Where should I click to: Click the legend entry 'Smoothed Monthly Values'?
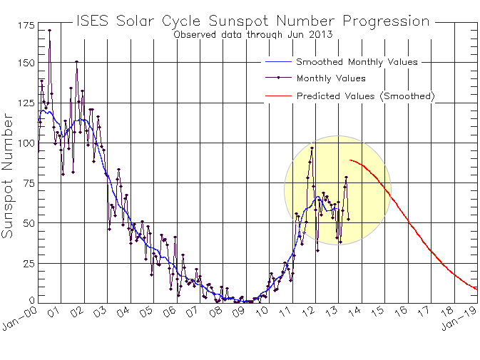[x=357, y=62]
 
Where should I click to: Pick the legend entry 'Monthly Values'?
[x=331, y=78]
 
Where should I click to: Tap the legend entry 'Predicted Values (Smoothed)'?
[x=365, y=96]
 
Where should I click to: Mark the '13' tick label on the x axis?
[x=331, y=312]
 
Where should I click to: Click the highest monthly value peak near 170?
[x=49, y=31]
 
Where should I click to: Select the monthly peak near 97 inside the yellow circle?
[x=312, y=148]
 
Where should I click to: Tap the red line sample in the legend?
[x=278, y=96]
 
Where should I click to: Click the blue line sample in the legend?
[x=278, y=62]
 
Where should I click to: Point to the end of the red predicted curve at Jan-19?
[x=476, y=289]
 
